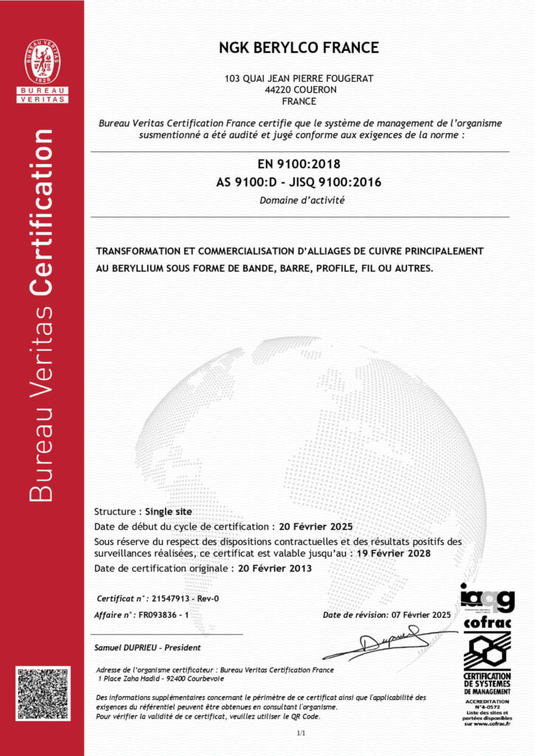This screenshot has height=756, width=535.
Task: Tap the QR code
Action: (x=42, y=693)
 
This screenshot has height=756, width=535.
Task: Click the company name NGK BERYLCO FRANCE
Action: (x=299, y=48)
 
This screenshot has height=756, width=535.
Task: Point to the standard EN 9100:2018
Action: (x=299, y=164)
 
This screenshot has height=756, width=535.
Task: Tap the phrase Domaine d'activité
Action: (x=301, y=200)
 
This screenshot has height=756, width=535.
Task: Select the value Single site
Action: (x=168, y=511)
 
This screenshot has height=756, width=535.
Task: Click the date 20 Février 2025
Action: (x=313, y=526)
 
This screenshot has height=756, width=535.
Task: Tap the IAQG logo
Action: (x=487, y=596)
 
